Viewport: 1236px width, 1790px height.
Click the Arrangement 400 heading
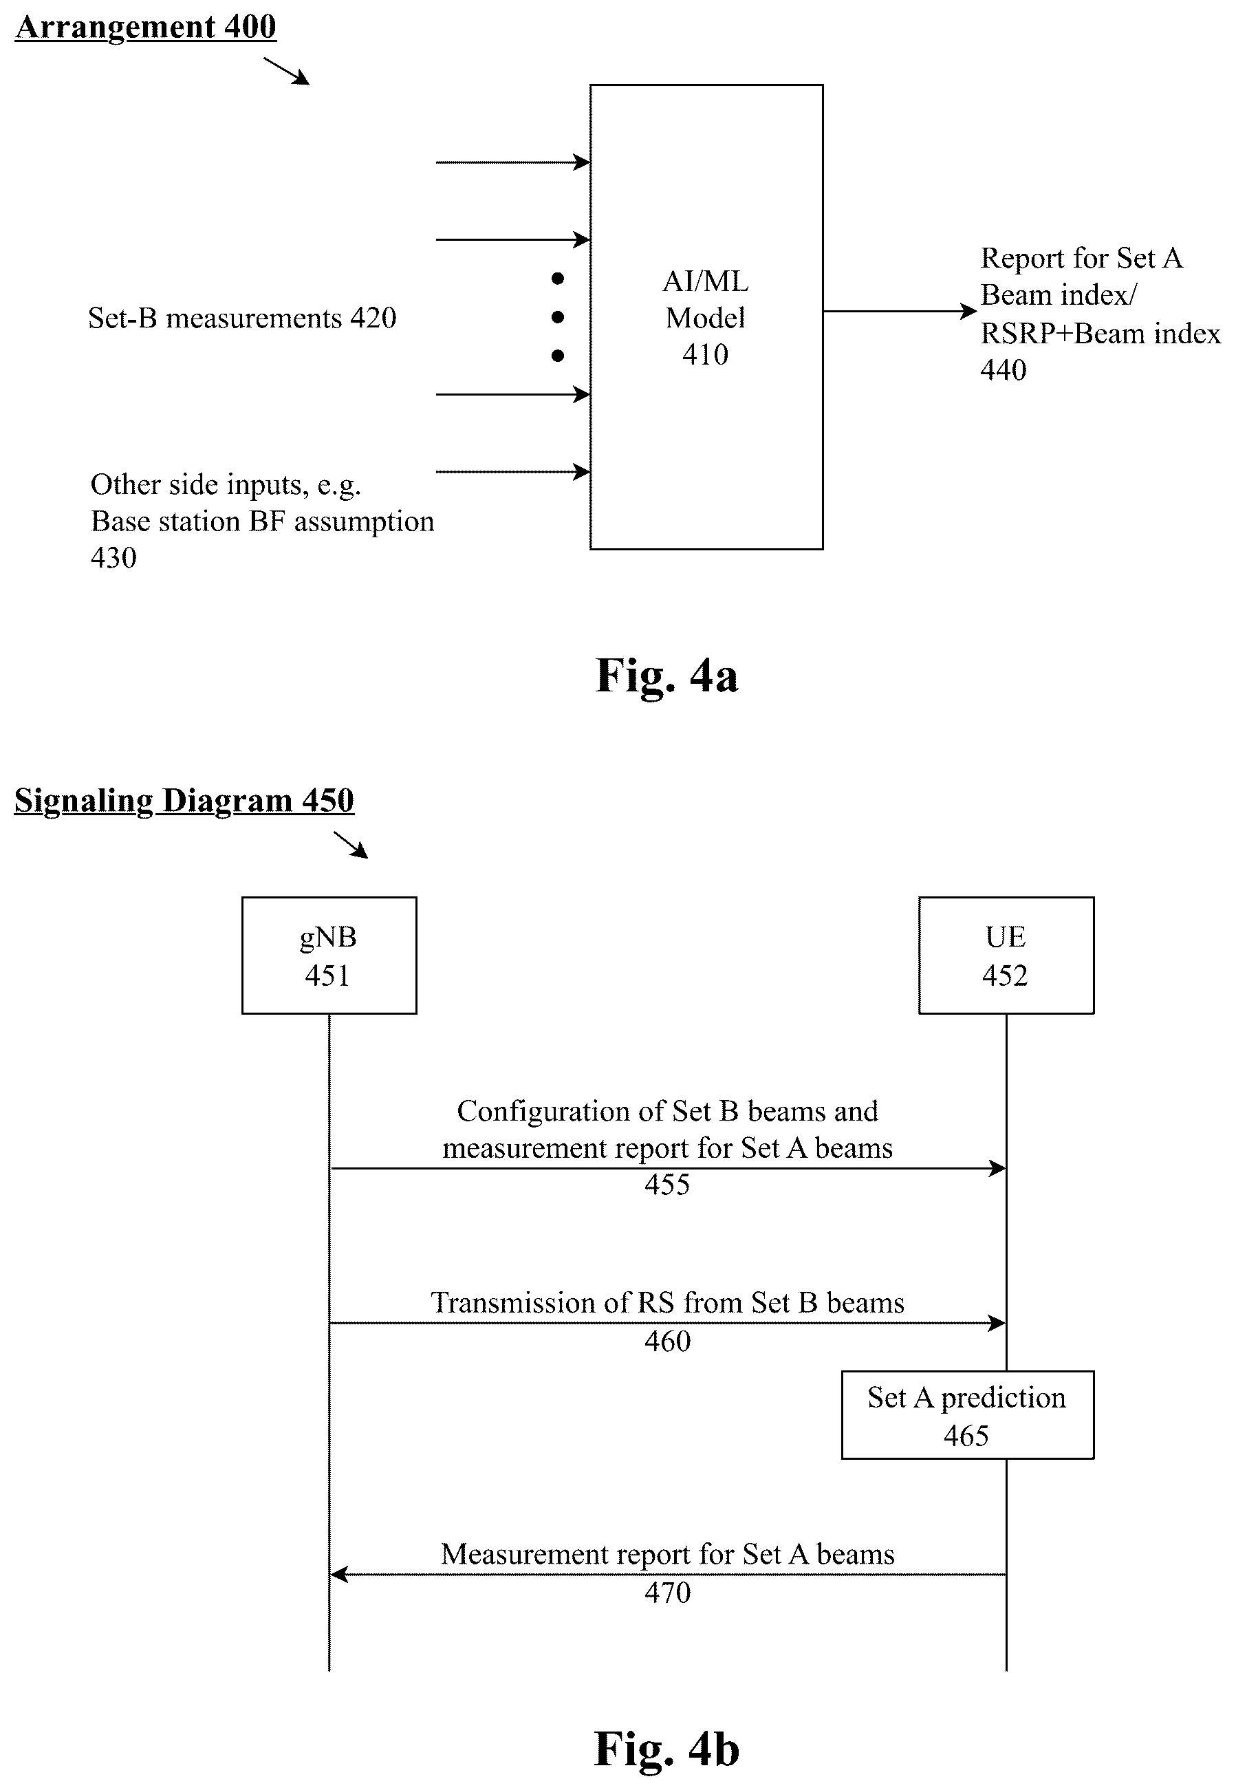146,27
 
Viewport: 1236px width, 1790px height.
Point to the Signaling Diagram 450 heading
184,800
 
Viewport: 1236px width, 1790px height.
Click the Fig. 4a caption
666,675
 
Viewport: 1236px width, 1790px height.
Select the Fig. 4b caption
666,1748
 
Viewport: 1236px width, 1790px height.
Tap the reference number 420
373,318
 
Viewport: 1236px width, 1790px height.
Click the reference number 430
114,558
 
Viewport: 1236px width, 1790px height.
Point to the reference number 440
1004,370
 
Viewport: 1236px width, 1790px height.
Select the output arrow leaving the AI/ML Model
900,312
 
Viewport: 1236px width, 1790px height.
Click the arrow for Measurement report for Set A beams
668,1574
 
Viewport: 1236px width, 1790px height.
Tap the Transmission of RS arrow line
668,1323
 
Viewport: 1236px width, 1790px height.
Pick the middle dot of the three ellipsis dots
558,317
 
